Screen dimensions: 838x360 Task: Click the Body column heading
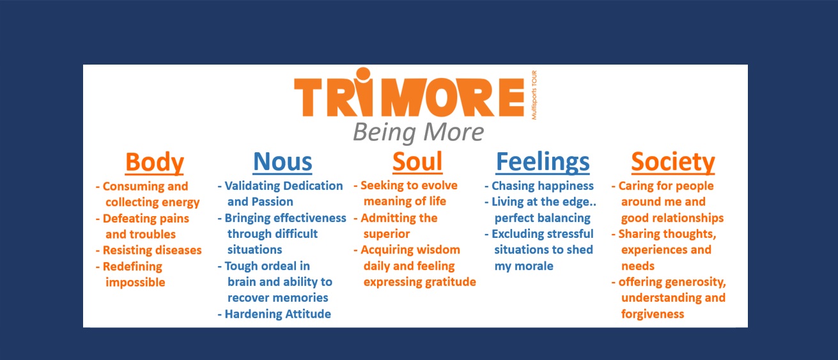coord(155,162)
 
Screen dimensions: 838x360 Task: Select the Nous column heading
coord(283,162)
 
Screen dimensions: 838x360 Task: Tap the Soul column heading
coord(417,162)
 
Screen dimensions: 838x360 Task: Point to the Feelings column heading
coord(543,162)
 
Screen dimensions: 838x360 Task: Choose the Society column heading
coord(673,162)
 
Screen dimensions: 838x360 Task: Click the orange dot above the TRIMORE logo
coord(363,74)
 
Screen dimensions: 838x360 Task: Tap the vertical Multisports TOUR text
coord(534,95)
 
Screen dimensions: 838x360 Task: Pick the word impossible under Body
coord(135,283)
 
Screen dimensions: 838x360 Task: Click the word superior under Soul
coord(387,234)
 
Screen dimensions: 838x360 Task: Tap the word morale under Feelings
coord(535,266)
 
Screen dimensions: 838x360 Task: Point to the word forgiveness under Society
coord(653,314)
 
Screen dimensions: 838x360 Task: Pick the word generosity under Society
coord(690,282)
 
